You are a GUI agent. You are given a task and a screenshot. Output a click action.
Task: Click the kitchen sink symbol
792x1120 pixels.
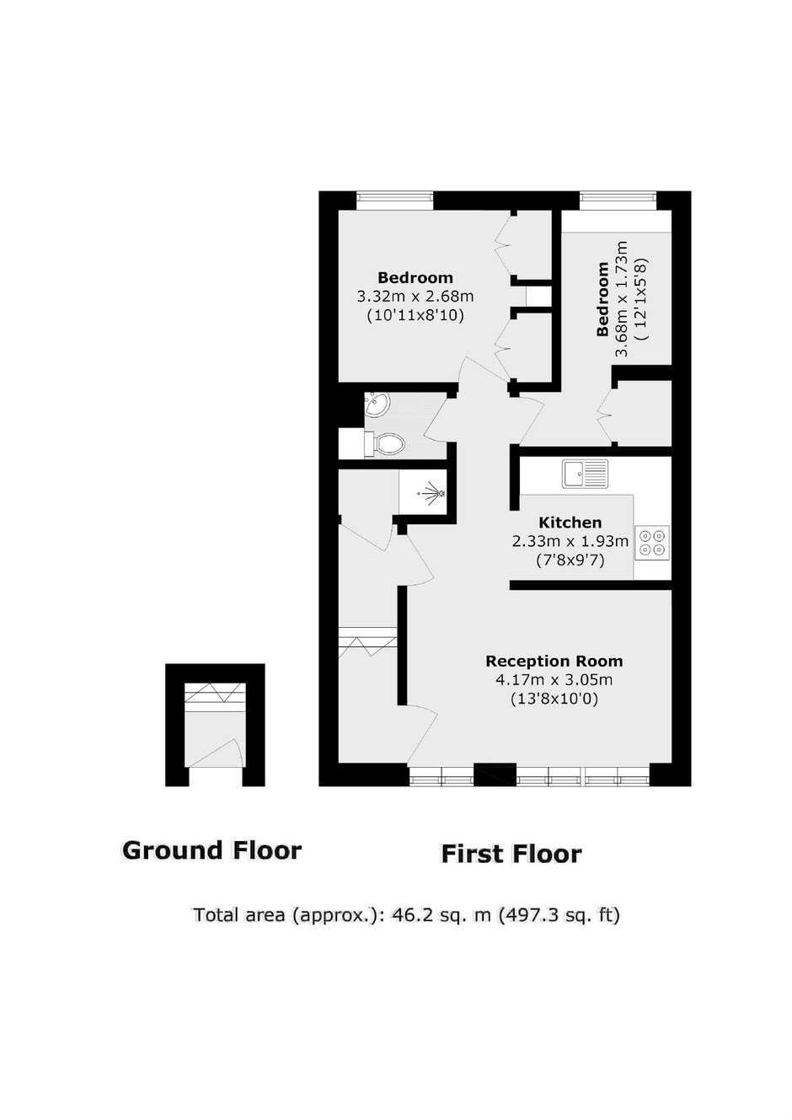click(x=585, y=473)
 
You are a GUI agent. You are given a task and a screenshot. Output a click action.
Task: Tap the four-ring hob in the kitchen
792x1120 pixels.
click(x=652, y=542)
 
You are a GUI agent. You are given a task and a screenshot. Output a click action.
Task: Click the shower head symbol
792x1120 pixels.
click(x=432, y=494)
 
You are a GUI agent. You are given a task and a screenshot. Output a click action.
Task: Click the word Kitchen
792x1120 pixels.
click(x=570, y=522)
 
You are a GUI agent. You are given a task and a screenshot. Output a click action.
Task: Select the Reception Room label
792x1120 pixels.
click(x=554, y=661)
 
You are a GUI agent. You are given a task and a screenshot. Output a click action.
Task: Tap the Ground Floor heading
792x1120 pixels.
click(x=211, y=850)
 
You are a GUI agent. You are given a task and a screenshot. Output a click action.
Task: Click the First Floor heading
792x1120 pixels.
click(x=511, y=854)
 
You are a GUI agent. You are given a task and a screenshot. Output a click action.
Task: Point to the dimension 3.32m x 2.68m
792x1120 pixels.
click(x=415, y=297)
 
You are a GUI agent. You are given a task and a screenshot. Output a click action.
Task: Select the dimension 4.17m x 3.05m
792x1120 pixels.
click(x=554, y=680)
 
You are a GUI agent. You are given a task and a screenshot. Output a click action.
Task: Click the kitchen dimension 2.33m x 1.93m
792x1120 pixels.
click(x=570, y=541)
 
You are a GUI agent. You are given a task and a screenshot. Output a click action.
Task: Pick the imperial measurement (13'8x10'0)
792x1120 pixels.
click(x=554, y=699)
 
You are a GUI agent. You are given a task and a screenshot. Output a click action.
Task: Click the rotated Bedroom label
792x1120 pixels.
click(x=603, y=299)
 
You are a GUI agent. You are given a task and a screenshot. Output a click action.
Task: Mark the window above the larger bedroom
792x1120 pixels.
click(x=395, y=201)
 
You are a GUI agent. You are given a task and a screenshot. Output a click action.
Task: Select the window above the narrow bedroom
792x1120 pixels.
click(x=618, y=201)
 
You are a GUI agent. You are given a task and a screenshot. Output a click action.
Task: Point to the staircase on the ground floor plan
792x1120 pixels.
click(x=215, y=697)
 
